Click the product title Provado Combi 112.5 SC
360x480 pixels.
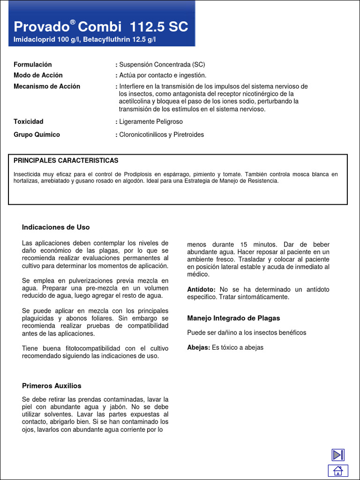pos(101,27)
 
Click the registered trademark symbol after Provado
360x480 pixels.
pos(73,22)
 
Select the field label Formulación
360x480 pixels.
pos(33,65)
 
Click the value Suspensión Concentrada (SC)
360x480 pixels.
pos(162,65)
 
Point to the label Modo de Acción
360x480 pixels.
pos(38,75)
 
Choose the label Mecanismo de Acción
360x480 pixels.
pos(47,86)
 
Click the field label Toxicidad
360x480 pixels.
pos(29,122)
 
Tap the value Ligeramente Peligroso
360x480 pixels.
pos(151,122)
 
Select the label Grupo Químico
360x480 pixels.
pos(37,135)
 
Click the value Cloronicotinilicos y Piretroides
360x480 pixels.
pos(161,135)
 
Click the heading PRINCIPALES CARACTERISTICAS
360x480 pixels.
pos(66,161)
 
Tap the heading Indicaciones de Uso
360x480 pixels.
pos(56,227)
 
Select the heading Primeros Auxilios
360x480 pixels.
pos(52,386)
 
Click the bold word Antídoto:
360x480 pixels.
pos(201,290)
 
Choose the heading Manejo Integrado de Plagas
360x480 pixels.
pos(233,318)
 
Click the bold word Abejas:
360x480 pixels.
pos(199,348)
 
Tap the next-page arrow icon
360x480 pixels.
pos(338,455)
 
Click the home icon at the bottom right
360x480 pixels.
pos(338,471)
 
